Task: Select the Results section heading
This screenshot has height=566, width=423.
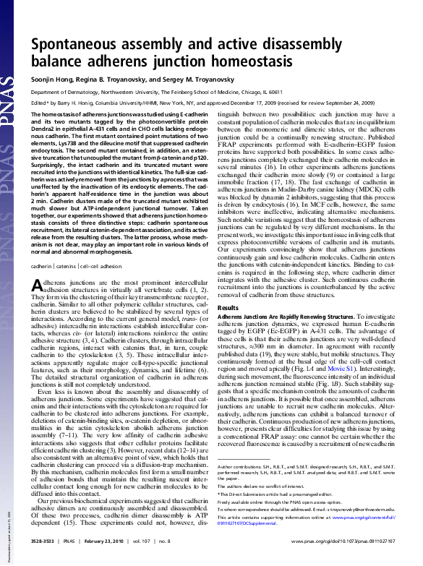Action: pos(228,308)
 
